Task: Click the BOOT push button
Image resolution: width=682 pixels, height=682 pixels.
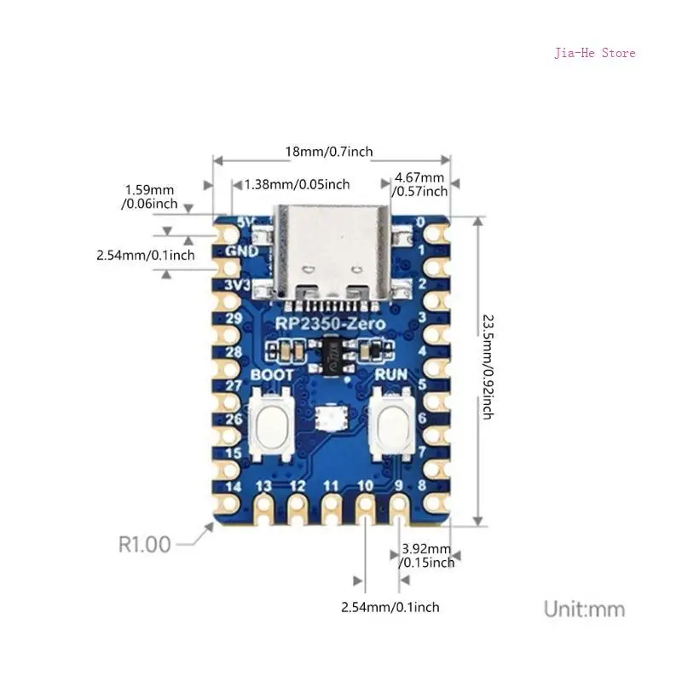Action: pyautogui.click(x=274, y=420)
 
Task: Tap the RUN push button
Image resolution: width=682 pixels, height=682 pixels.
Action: pyautogui.click(x=392, y=420)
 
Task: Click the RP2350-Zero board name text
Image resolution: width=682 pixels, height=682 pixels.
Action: pyautogui.click(x=330, y=324)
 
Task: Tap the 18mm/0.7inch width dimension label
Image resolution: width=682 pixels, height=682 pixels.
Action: pyautogui.click(x=329, y=152)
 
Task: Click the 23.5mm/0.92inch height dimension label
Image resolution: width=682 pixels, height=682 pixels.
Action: pyautogui.click(x=487, y=367)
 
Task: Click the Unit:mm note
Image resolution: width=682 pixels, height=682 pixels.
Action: pyautogui.click(x=584, y=610)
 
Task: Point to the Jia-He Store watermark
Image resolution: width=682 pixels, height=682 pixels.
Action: pyautogui.click(x=595, y=53)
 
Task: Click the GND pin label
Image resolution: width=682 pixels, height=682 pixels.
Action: pyautogui.click(x=241, y=251)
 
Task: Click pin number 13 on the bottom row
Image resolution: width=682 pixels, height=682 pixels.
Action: pyautogui.click(x=263, y=486)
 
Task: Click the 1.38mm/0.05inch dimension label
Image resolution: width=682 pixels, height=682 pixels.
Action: pyautogui.click(x=297, y=184)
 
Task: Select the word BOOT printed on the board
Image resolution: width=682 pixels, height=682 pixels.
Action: pyautogui.click(x=273, y=374)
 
